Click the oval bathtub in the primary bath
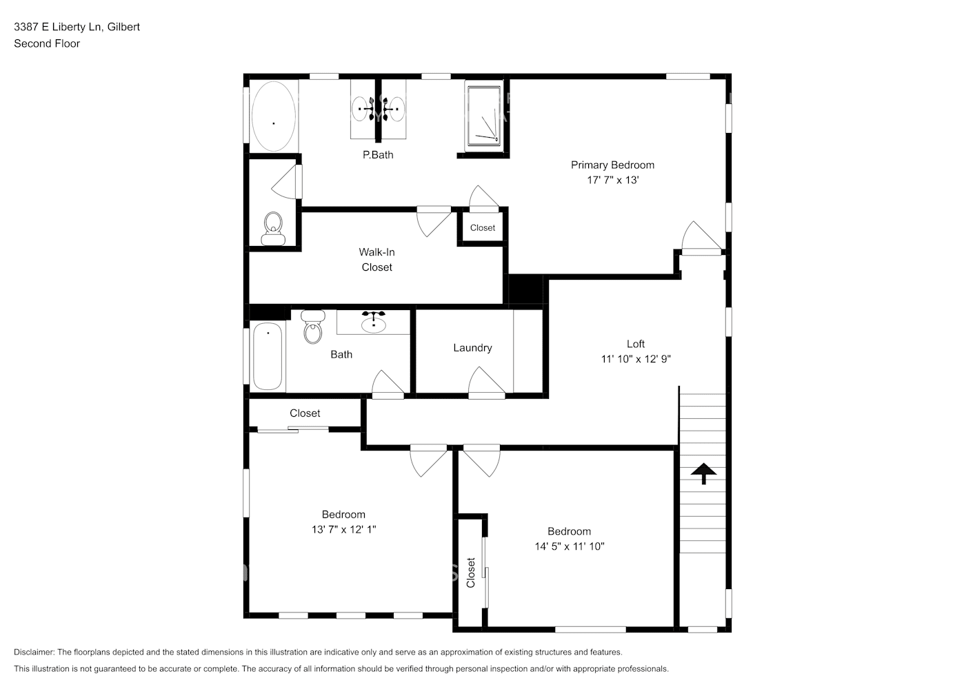click(274, 116)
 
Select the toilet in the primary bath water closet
click(273, 227)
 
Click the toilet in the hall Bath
click(313, 327)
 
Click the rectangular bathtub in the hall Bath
click(268, 356)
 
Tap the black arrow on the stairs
click(703, 473)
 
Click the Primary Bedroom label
click(612, 165)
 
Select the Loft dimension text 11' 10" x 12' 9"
click(636, 359)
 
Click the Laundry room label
click(472, 348)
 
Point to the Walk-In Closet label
click(376, 260)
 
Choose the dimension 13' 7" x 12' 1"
click(343, 530)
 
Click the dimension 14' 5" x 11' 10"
click(570, 546)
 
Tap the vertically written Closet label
click(471, 573)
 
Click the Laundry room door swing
click(486, 382)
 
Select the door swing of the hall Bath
click(388, 383)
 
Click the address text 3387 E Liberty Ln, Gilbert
click(77, 27)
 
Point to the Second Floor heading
click(47, 43)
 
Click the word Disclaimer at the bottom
click(34, 652)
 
